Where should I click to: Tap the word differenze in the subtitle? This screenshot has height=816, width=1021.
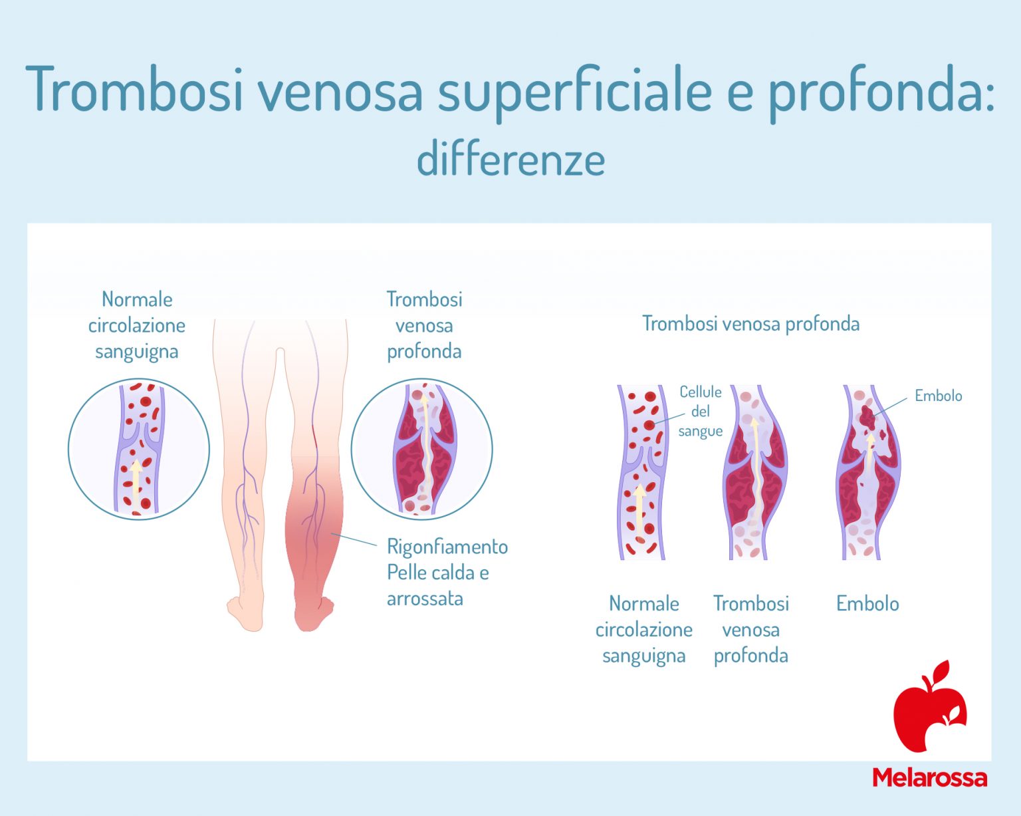[510, 160]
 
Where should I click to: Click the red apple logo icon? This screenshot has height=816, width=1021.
[929, 708]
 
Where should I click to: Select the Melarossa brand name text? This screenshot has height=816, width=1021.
[929, 777]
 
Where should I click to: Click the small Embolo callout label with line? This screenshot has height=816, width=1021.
[938, 396]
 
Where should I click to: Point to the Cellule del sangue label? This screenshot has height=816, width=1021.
[700, 411]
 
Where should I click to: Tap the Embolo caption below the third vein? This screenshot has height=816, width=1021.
[867, 604]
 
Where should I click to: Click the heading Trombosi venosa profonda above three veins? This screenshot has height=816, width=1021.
[750, 324]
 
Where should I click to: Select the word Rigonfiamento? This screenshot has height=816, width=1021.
[447, 547]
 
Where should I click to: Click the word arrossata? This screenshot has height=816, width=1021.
[425, 599]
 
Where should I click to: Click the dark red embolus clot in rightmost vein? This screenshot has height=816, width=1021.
[867, 416]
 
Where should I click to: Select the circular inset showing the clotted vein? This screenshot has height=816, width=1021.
[421, 450]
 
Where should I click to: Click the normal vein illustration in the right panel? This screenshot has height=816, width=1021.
[642, 472]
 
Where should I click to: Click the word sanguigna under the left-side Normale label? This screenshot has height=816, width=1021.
[136, 351]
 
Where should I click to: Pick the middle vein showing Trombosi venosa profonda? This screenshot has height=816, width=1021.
[754, 472]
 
